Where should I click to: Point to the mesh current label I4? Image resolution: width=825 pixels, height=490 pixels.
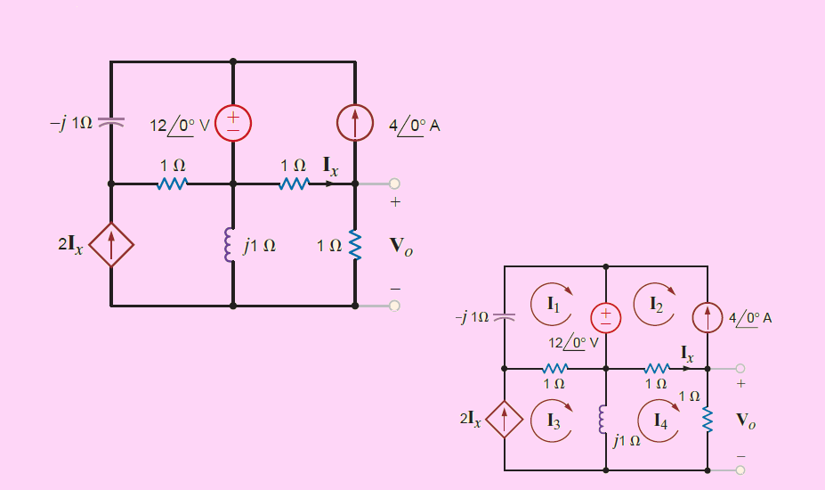coord(660,421)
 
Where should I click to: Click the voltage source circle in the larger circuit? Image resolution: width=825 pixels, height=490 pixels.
coord(233,124)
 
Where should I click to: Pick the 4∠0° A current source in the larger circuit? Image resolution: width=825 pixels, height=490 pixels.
coord(355,125)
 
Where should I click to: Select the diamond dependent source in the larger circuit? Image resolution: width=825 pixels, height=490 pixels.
coord(111,245)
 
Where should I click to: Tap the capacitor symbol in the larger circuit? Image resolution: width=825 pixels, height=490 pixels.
coord(111,122)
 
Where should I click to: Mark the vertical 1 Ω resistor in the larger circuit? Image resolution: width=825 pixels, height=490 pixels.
coord(355,245)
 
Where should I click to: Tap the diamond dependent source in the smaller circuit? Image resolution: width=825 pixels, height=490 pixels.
coord(504,420)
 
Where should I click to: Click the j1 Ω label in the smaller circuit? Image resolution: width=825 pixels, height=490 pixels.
coord(627,440)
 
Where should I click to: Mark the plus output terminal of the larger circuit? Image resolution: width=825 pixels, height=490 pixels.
coord(394,184)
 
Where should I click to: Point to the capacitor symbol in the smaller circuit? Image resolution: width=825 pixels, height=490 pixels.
coord(504,316)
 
